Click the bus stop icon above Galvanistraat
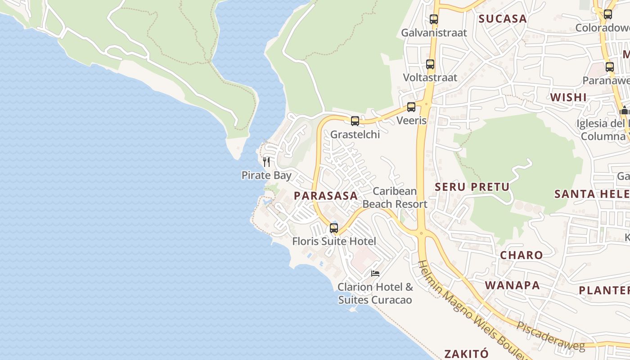coord(433,19)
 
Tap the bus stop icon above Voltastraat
coord(430,64)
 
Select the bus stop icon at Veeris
coord(411,107)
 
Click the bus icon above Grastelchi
coord(355,121)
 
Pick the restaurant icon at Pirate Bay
coord(266,162)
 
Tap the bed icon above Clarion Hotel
coord(375,273)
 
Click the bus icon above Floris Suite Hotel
coord(333,228)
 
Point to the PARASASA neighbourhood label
coord(325,196)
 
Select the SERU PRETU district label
coord(472,187)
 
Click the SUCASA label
coord(502,18)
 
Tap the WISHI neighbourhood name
coord(568,97)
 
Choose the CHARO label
coord(521,255)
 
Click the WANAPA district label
coord(512,285)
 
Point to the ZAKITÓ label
coord(467,353)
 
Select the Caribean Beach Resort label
coord(395,198)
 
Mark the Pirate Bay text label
coord(266,175)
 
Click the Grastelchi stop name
coord(355,134)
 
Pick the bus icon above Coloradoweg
coord(607,14)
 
